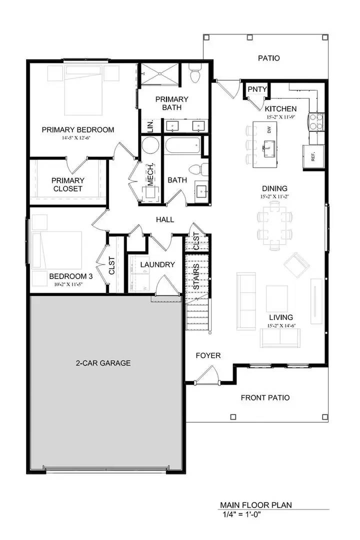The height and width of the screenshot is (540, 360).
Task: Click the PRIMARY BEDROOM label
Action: coord(77,130)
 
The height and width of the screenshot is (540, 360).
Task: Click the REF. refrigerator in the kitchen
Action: coord(312,156)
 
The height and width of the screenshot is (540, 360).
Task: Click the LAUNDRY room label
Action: coord(157,264)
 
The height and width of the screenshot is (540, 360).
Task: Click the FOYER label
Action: coord(208,355)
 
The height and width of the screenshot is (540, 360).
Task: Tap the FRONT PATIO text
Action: coord(265,398)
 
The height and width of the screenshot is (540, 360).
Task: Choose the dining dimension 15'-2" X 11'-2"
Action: coord(274,196)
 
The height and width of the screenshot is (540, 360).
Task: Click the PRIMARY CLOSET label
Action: coord(67,184)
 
